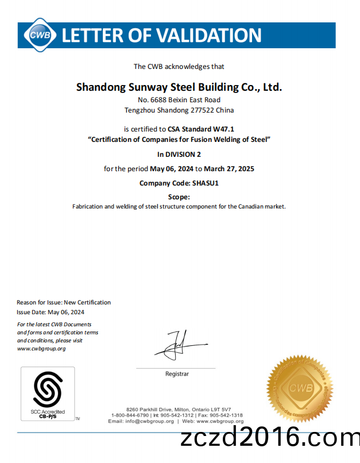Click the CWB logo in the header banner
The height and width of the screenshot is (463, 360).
point(40,35)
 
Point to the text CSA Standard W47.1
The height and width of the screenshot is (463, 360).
point(200,129)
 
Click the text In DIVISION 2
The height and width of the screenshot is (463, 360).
point(179,154)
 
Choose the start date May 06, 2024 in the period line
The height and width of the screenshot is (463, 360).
point(171,169)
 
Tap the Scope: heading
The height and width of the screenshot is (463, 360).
point(179,197)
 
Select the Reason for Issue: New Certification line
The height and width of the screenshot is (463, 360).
point(64,302)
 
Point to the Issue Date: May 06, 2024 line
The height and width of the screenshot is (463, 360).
point(51,312)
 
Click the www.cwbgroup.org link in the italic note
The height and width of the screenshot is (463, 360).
point(41,349)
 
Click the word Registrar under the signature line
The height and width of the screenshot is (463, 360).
point(177,374)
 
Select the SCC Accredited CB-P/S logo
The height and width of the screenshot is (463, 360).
point(48,393)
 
